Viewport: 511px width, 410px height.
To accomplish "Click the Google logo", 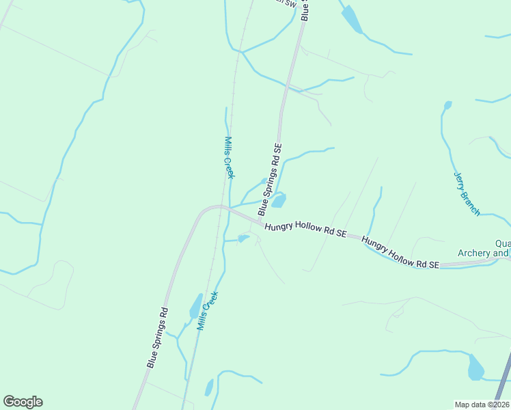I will [23, 402].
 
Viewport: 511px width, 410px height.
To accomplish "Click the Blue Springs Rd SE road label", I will [270, 180].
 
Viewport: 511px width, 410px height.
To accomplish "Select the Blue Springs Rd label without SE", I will [158, 338].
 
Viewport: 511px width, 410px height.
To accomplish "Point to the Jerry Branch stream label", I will [467, 194].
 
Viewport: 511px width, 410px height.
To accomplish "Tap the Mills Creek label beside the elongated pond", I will [208, 312].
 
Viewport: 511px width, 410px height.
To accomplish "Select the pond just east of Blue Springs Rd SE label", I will [279, 200].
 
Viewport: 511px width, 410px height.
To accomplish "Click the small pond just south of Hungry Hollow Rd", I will [243, 238].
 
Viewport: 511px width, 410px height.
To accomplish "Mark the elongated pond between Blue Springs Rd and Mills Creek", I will [195, 307].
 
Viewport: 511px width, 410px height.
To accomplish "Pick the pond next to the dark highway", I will [475, 368].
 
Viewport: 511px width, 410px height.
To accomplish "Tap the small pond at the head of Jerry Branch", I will [447, 105].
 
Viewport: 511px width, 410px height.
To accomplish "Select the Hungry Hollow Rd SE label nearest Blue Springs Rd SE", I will [305, 230].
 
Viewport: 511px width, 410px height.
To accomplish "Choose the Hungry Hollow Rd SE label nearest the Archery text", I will [400, 253].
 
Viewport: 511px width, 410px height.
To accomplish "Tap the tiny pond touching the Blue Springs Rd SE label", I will [264, 180].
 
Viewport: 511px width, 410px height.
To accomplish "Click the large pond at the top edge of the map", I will [352, 18].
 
